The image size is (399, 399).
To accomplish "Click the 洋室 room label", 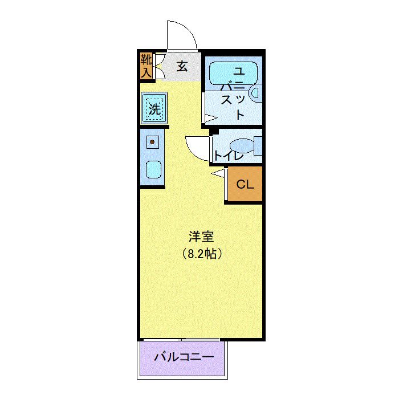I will point(201,237).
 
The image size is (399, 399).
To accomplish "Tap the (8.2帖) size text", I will point(201,254).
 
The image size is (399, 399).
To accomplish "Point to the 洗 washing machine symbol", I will point(154,108).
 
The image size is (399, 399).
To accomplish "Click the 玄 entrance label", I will point(182,67).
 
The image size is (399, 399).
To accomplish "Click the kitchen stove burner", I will point(152,141).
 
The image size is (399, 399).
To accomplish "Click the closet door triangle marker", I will point(219,173).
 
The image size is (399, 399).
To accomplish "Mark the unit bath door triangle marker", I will point(210,119).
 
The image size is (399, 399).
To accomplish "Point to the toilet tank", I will point(258,146).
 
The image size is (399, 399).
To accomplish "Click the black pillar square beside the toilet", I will point(214,132).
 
